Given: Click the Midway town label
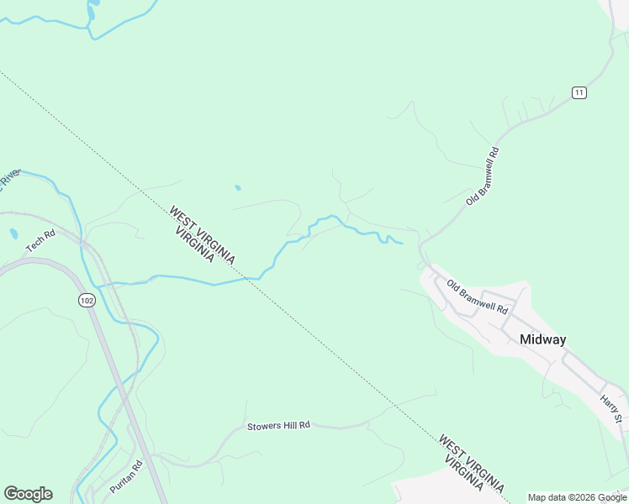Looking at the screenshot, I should click(542, 340).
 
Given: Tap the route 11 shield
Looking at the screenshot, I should click(579, 92).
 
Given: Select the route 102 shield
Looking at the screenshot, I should click(86, 300).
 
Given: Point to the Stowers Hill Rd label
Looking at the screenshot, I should click(278, 426).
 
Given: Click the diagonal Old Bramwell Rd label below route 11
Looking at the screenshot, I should click(483, 176).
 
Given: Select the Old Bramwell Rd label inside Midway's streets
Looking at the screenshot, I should click(478, 297).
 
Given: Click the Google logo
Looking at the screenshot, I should click(28, 493).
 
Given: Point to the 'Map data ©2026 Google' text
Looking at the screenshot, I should click(578, 497).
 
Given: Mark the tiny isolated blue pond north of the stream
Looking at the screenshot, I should click(238, 187).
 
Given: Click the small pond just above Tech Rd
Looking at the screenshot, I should click(13, 233).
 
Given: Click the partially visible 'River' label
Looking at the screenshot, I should click(8, 179).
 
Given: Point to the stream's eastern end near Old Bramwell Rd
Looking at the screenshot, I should click(400, 244).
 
